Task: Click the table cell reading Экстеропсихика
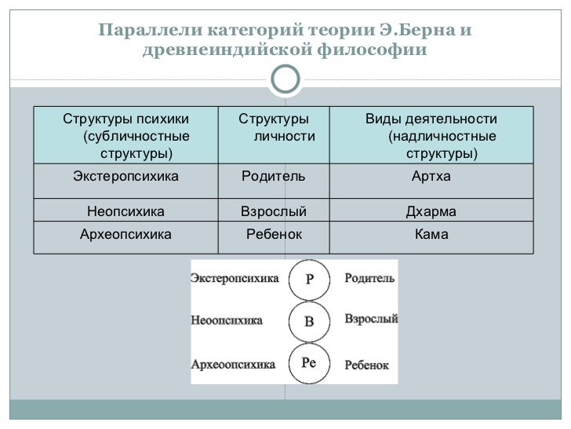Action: click(125, 176)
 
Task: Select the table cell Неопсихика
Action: click(125, 211)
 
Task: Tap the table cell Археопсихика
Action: click(125, 233)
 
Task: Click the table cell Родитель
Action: click(272, 176)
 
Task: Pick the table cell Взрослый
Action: click(272, 211)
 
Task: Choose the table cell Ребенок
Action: click(272, 233)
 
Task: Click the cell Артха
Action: click(431, 176)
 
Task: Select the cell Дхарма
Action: click(431, 211)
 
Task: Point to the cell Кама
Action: click(431, 233)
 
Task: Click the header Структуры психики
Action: click(125, 119)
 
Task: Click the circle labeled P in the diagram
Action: click(307, 280)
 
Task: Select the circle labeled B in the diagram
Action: click(307, 321)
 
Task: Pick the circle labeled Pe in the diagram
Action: click(307, 362)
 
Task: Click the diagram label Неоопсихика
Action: click(227, 321)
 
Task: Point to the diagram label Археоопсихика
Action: click(233, 365)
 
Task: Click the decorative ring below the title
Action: click(285, 78)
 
